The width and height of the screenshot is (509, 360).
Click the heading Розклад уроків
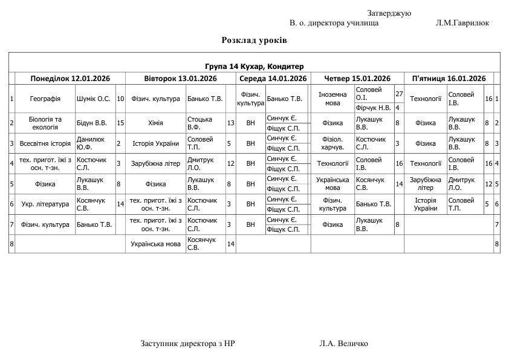254,41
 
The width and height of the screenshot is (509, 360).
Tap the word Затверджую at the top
389,13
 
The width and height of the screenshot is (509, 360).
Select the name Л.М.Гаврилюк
462,23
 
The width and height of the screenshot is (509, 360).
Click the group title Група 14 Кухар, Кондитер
254,67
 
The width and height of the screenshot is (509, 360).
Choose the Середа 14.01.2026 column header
273,79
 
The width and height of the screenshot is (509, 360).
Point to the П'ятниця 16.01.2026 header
449,79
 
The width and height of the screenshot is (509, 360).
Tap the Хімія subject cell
155,123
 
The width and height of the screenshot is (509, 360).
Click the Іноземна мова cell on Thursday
332,99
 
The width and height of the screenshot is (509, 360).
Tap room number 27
399,94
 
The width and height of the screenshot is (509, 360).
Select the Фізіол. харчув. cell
332,143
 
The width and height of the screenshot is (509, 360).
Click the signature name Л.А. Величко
343,344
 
